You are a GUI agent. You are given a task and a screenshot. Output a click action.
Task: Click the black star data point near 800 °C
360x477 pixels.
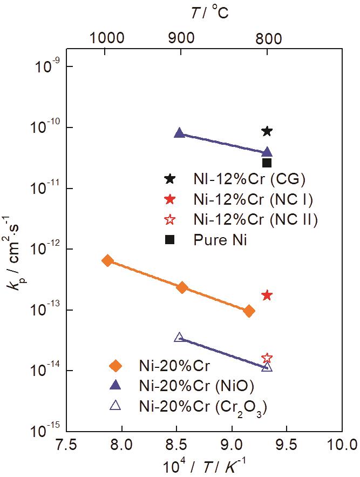click(267, 131)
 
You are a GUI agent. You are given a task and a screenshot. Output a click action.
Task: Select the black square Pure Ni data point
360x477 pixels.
click(267, 163)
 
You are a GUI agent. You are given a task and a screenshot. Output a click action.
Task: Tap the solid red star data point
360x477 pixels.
click(267, 295)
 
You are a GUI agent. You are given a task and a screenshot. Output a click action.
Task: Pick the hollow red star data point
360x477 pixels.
click(267, 358)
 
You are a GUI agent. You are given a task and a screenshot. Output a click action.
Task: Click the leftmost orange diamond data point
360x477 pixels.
click(108, 261)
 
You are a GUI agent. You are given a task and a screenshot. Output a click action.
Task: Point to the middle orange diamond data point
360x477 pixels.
click(182, 287)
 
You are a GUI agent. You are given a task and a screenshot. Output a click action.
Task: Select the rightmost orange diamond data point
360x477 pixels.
click(249, 311)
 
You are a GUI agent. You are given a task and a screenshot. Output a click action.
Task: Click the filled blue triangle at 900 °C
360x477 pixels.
click(180, 133)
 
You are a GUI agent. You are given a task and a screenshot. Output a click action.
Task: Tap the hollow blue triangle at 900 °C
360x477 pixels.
click(180, 337)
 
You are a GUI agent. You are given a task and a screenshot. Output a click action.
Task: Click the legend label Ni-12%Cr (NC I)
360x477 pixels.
click(253, 199)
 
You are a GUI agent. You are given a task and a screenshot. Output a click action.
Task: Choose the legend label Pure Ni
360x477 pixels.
click(220, 240)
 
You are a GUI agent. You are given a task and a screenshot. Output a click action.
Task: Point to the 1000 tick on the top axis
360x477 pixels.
click(107, 38)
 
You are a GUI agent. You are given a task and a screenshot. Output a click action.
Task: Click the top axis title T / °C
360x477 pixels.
click(209, 12)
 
